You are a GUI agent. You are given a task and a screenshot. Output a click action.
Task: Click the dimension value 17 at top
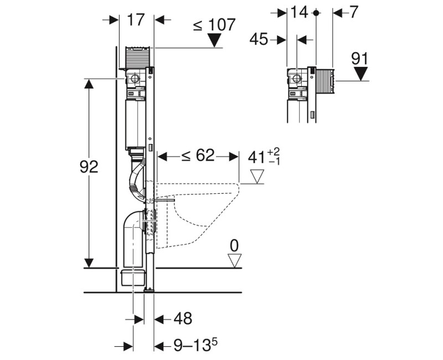click(136, 20)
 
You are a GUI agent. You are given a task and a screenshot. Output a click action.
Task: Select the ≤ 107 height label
click(214, 24)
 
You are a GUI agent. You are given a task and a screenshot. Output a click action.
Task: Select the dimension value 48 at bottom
click(183, 318)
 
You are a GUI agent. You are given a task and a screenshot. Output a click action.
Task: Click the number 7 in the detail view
click(353, 12)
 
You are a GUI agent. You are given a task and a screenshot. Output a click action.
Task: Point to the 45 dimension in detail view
click(259, 39)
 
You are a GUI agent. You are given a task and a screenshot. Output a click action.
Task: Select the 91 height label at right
click(361, 58)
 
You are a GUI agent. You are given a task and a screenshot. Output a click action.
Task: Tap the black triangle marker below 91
click(361, 74)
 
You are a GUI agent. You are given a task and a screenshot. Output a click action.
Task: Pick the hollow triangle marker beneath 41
click(258, 176)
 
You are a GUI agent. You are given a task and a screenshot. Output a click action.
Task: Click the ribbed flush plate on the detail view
click(324, 81)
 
